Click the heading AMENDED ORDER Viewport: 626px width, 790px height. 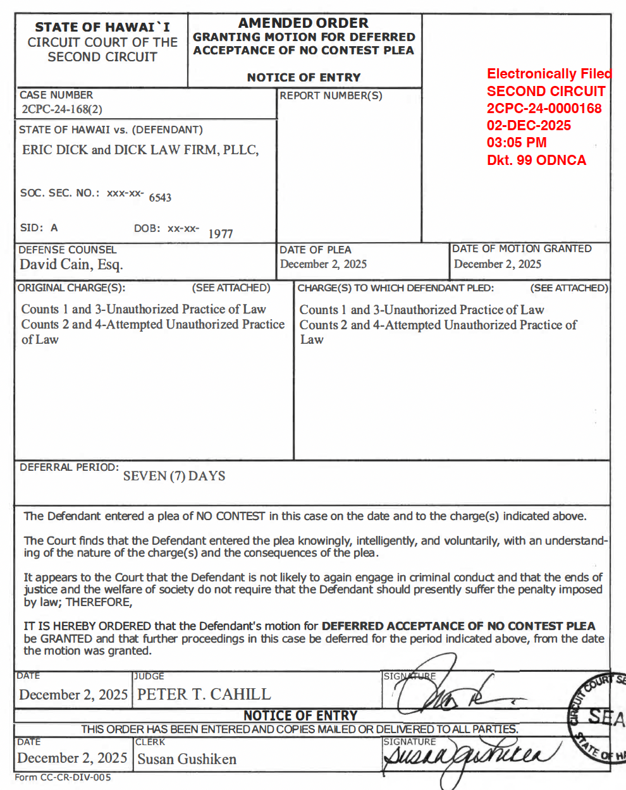(303, 23)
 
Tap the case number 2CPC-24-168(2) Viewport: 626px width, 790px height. (62, 109)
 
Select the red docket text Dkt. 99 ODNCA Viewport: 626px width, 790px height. (536, 160)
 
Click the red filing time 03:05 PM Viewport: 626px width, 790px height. (517, 142)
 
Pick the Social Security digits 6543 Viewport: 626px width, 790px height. (160, 197)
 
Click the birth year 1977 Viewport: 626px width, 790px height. (221, 234)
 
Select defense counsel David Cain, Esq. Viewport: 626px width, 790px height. (71, 264)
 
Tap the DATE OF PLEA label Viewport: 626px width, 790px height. (316, 250)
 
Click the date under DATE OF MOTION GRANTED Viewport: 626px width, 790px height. (498, 264)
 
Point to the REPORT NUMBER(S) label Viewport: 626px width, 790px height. (331, 95)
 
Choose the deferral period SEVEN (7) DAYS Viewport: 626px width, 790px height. (174, 476)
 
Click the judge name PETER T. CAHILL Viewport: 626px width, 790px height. (204, 694)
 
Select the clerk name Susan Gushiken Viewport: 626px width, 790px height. (187, 759)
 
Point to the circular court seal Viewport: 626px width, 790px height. (598, 717)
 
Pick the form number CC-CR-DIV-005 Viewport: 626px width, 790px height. (63, 777)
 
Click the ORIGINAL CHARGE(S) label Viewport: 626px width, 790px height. (71, 288)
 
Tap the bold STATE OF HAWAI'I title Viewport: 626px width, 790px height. (102, 27)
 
